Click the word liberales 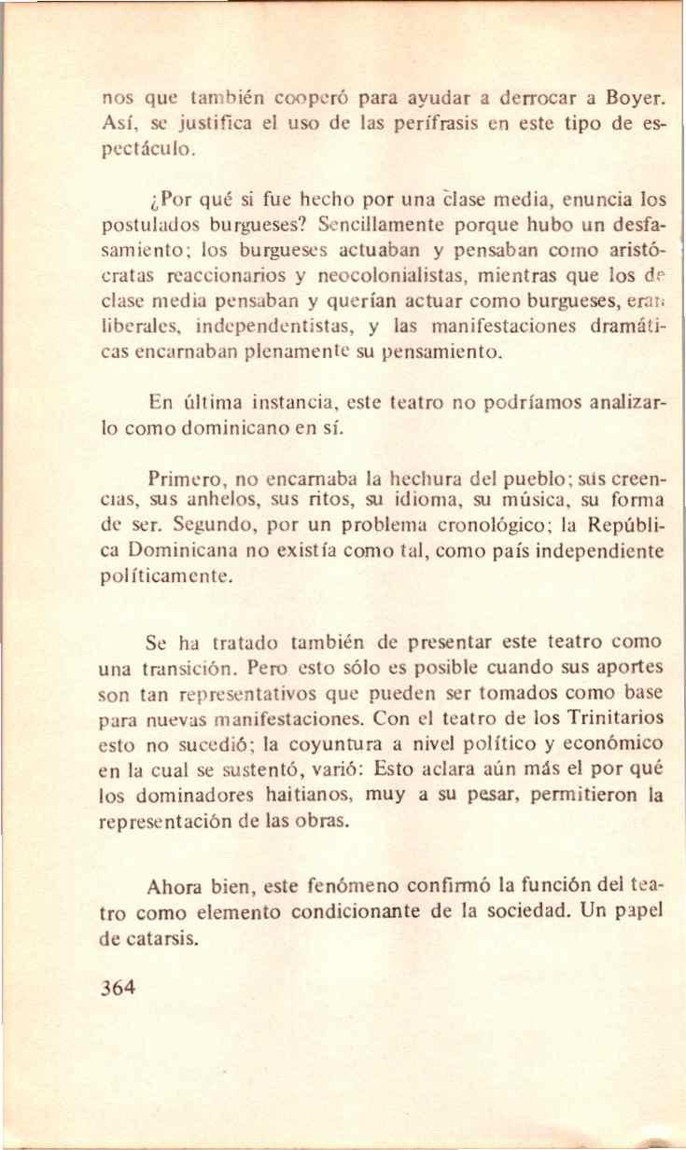[142, 327]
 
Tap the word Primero [183, 482]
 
